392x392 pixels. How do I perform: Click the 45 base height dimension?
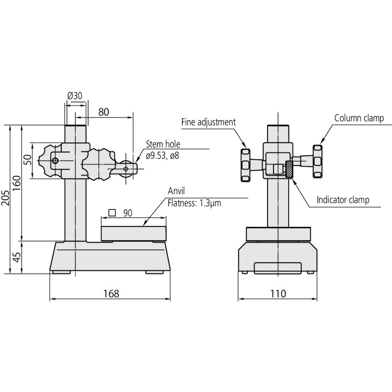pyautogui.click(x=17, y=257)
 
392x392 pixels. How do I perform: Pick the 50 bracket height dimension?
pyautogui.click(x=27, y=160)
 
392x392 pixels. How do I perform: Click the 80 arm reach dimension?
pyautogui.click(x=103, y=112)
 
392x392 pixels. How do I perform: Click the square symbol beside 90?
pyautogui.click(x=112, y=213)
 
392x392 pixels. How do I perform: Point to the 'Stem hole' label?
pyautogui.click(x=163, y=145)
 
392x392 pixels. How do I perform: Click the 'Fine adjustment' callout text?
pyautogui.click(x=209, y=122)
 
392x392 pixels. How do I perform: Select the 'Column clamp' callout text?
pyautogui.click(x=359, y=118)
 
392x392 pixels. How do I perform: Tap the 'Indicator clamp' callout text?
pyautogui.click(x=343, y=200)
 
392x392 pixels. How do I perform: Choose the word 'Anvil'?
pyautogui.click(x=176, y=191)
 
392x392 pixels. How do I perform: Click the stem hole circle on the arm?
pyautogui.click(x=126, y=169)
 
